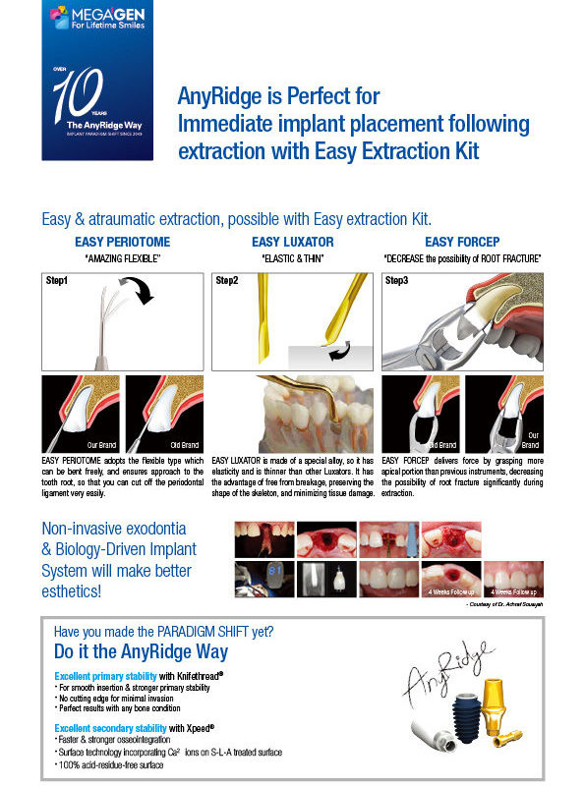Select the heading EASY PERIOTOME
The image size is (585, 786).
pyautogui.click(x=121, y=242)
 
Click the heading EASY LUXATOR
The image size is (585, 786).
pyautogui.click(x=293, y=242)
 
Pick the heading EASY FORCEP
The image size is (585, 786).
pyautogui.click(x=462, y=242)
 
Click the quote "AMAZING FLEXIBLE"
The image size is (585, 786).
pyautogui.click(x=122, y=258)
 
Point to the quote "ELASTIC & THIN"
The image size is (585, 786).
pyautogui.click(x=293, y=258)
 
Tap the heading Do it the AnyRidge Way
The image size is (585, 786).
pyautogui.click(x=141, y=652)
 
